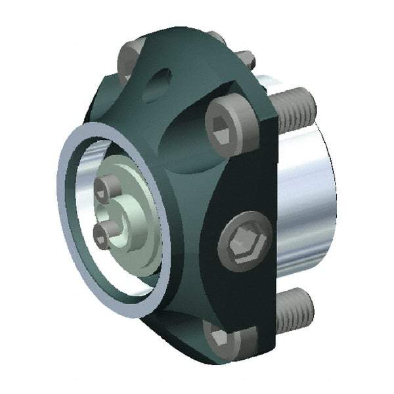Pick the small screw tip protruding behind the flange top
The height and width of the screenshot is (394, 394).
(244, 59)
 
